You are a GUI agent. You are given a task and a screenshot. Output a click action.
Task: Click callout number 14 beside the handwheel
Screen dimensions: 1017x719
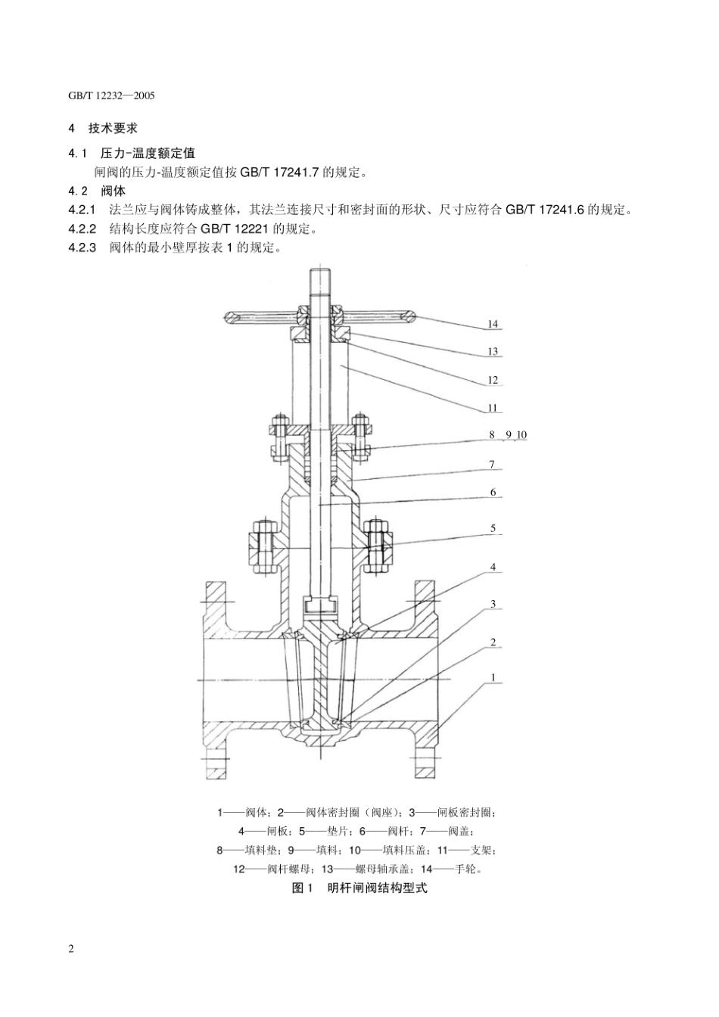493,324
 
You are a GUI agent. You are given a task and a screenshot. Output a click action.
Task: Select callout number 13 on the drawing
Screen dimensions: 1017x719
493,352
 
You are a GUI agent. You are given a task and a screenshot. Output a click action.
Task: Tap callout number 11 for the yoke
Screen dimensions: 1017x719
493,408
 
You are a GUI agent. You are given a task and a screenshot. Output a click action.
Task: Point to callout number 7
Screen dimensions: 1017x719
493,465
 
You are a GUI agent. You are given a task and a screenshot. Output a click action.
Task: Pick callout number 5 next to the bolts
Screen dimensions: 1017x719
493,528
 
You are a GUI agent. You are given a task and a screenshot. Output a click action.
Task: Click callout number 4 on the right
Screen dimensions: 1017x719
493,567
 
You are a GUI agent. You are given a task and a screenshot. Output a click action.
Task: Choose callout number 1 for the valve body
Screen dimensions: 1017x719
493,678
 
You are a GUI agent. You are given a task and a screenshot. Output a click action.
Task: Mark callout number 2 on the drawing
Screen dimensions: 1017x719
493,642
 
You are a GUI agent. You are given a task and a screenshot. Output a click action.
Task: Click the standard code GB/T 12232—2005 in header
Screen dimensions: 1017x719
111,97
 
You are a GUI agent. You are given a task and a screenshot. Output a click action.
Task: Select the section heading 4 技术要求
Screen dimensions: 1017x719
103,129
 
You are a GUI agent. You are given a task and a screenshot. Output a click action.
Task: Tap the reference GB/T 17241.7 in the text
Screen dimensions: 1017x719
281,173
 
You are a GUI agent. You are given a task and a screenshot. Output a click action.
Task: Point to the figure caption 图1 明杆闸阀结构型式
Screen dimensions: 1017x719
359,888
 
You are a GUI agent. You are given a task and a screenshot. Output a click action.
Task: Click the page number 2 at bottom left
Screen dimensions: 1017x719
71,950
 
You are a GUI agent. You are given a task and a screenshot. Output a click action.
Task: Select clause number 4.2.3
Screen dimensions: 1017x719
82,247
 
